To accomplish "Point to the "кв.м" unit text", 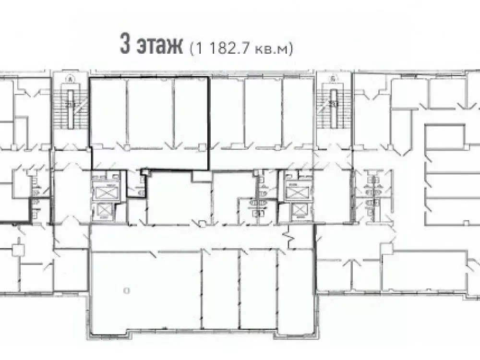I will tap(274, 48).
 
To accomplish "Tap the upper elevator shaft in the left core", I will tap(105, 193).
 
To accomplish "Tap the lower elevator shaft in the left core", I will tap(105, 211).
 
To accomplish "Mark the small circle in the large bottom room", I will tap(125, 290).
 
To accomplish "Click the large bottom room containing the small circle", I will tap(144, 293).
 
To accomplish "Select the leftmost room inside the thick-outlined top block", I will tap(109, 113).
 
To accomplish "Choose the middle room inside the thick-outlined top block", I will tap(150, 113).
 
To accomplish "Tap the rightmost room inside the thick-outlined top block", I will tap(191, 113).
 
